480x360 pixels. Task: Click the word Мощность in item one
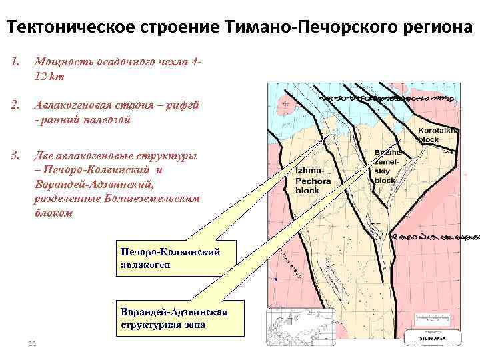(60, 63)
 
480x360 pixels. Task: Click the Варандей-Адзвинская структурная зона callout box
(173, 319)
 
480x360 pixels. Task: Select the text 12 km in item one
(50, 77)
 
